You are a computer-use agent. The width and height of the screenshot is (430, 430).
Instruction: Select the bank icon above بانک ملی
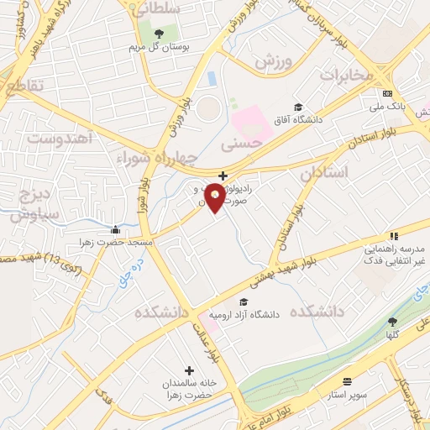[x=387, y=94]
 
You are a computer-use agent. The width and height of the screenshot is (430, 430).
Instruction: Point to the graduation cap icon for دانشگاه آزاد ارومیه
[x=243, y=302]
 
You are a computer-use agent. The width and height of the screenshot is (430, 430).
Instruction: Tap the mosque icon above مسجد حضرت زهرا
[x=116, y=229]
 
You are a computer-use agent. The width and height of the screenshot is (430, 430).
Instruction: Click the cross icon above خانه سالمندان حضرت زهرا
[x=188, y=370]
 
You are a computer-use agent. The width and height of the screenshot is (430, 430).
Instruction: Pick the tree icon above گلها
[x=391, y=322]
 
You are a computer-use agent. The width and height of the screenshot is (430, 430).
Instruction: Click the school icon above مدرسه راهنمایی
[x=393, y=237]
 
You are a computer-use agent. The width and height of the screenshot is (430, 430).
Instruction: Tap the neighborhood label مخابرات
[x=344, y=75]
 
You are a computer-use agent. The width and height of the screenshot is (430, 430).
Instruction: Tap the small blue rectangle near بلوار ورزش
[x=212, y=78]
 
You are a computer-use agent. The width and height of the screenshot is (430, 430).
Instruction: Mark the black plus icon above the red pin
[x=222, y=176]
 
